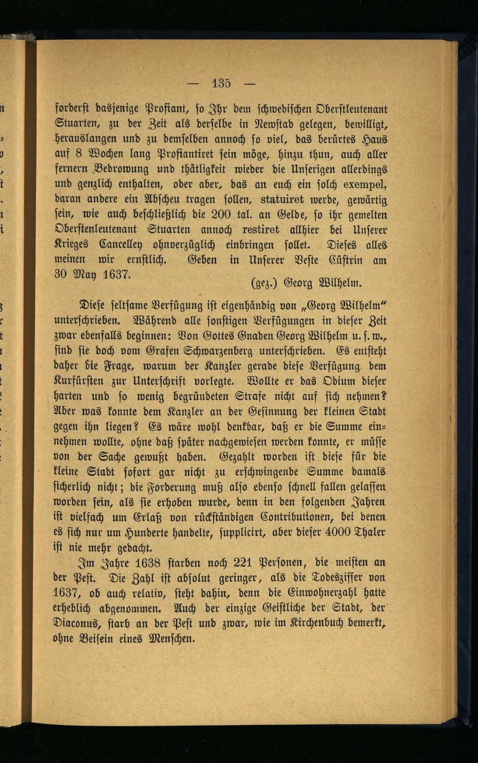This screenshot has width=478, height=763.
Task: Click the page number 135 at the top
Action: (221, 83)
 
